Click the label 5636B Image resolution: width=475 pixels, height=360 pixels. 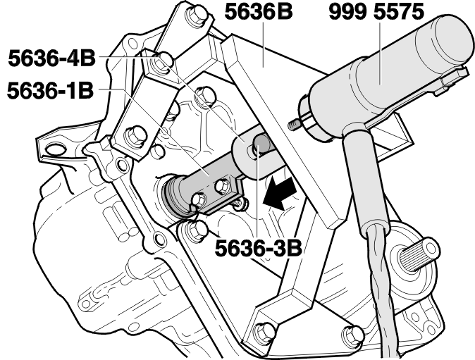[x=259, y=12]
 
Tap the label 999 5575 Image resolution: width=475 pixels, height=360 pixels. [x=376, y=12]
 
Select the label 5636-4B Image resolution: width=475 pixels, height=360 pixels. [x=51, y=58]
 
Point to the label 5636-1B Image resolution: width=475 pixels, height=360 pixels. [x=50, y=90]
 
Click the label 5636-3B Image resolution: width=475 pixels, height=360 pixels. [x=259, y=248]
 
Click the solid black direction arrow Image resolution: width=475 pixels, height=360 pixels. [x=280, y=194]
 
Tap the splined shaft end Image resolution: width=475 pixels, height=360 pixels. [x=419, y=255]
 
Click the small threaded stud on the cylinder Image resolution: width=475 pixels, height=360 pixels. [x=294, y=125]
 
